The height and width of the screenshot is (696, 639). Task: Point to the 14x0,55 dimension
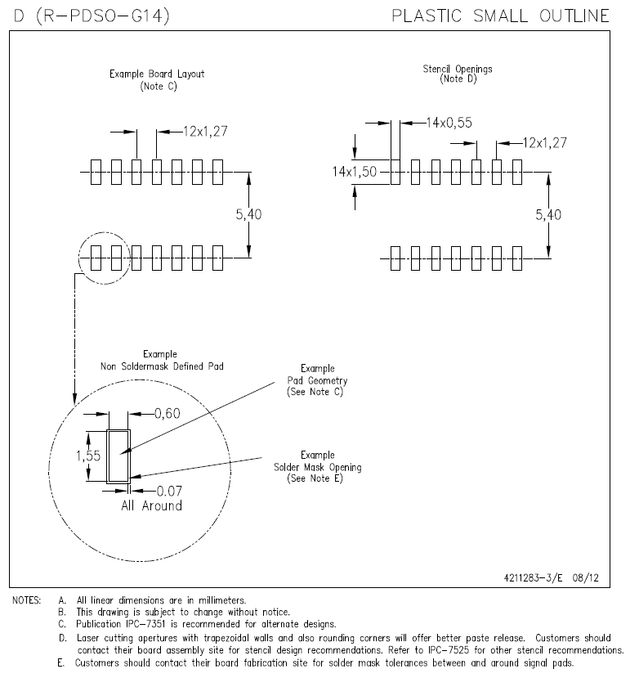coord(448,123)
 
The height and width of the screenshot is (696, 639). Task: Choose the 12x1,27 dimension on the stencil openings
coord(545,143)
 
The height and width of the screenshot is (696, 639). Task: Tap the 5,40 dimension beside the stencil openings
coord(548,214)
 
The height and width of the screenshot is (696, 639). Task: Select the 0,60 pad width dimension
coord(166,414)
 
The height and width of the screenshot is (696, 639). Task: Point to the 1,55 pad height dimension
coord(87,456)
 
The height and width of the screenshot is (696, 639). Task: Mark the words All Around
coord(151,505)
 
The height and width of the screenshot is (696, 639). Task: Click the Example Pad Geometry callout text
coord(317,380)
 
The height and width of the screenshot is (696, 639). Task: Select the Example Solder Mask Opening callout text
coord(317,467)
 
